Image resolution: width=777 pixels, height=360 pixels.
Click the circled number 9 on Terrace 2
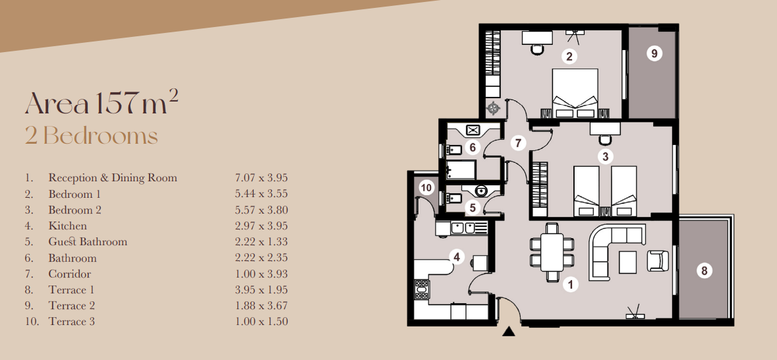click(x=654, y=53)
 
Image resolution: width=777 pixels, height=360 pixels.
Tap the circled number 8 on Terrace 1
click(x=704, y=270)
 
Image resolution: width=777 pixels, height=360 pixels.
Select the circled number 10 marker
click(x=426, y=187)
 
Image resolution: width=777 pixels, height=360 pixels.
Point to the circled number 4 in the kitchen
click(x=454, y=256)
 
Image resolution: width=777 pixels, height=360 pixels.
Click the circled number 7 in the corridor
click(x=519, y=142)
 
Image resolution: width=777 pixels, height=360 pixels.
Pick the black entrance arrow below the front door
click(x=508, y=332)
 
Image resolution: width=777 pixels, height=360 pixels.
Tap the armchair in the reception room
click(x=658, y=260)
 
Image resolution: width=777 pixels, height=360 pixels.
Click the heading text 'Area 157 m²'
click(x=101, y=103)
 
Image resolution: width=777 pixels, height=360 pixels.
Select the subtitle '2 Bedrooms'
click(x=92, y=136)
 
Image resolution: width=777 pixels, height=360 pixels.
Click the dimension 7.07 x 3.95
click(x=261, y=178)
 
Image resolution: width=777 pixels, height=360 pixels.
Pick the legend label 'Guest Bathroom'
click(x=88, y=242)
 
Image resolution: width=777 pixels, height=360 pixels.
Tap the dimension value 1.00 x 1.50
click(x=261, y=322)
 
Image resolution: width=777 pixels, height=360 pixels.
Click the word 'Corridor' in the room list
click(x=69, y=274)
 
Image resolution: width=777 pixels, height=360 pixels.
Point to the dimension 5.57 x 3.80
click(x=261, y=210)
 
